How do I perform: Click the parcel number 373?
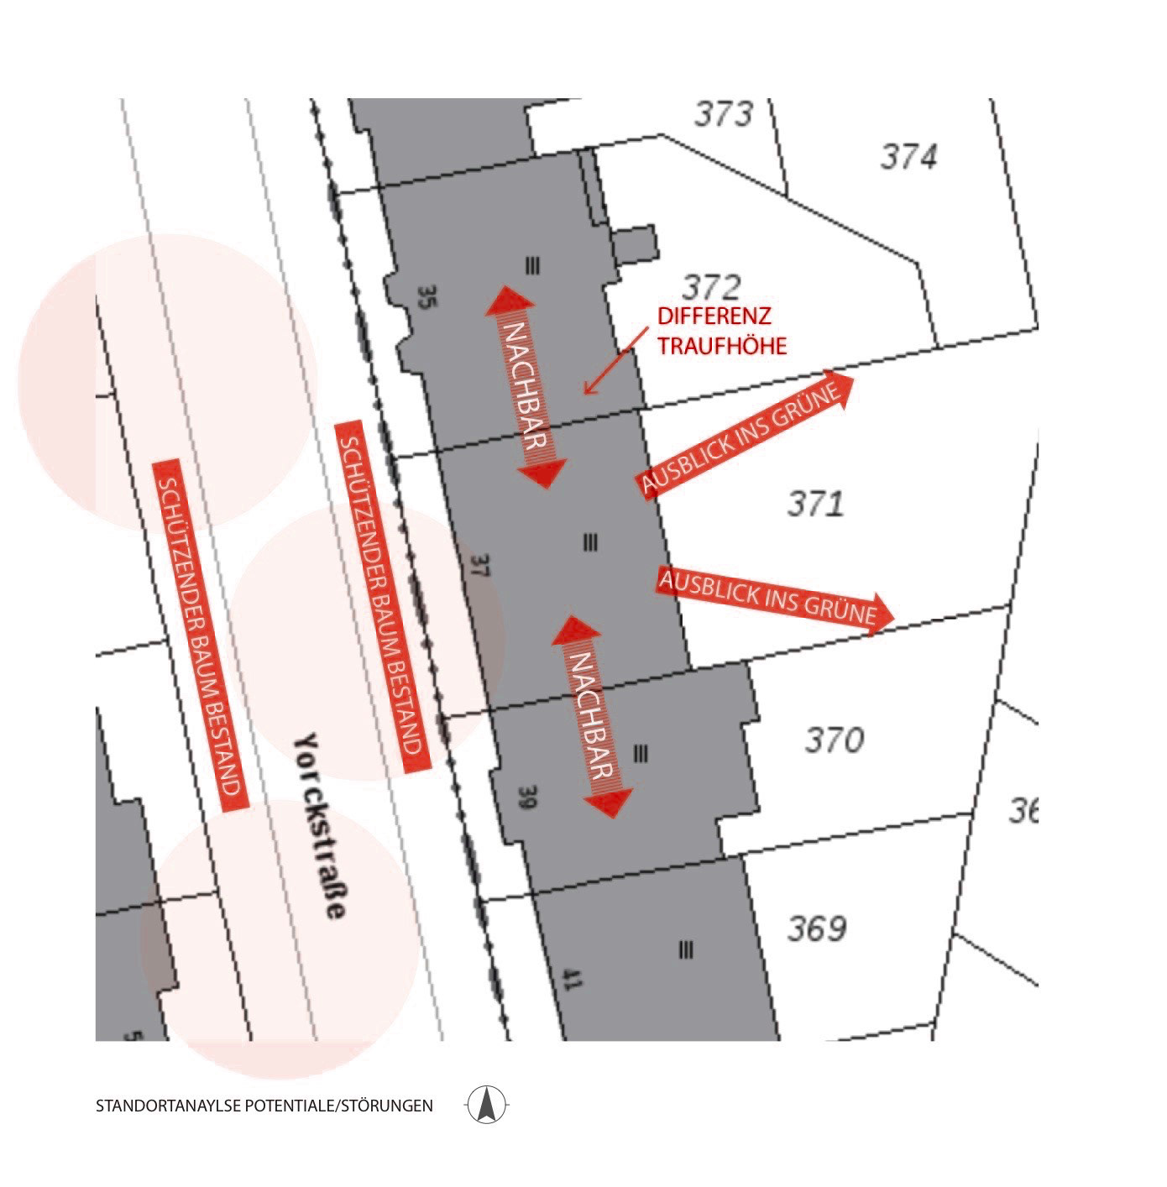pyautogui.click(x=724, y=114)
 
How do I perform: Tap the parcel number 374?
pyautogui.click(x=908, y=157)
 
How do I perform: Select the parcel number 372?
pyautogui.click(x=710, y=288)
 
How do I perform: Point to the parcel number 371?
pyautogui.click(x=815, y=505)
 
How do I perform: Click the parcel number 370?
pyautogui.click(x=835, y=740)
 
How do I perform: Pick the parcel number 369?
pyautogui.click(x=817, y=929)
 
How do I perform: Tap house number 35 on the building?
pyautogui.click(x=426, y=297)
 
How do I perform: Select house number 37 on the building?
pyautogui.click(x=479, y=565)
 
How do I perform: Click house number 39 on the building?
pyautogui.click(x=526, y=797)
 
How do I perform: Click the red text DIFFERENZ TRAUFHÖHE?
pyautogui.click(x=721, y=331)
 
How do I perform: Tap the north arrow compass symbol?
pyautogui.click(x=486, y=1105)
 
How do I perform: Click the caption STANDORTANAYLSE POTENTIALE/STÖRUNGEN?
pyautogui.click(x=264, y=1106)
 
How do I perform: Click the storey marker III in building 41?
pyautogui.click(x=686, y=949)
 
